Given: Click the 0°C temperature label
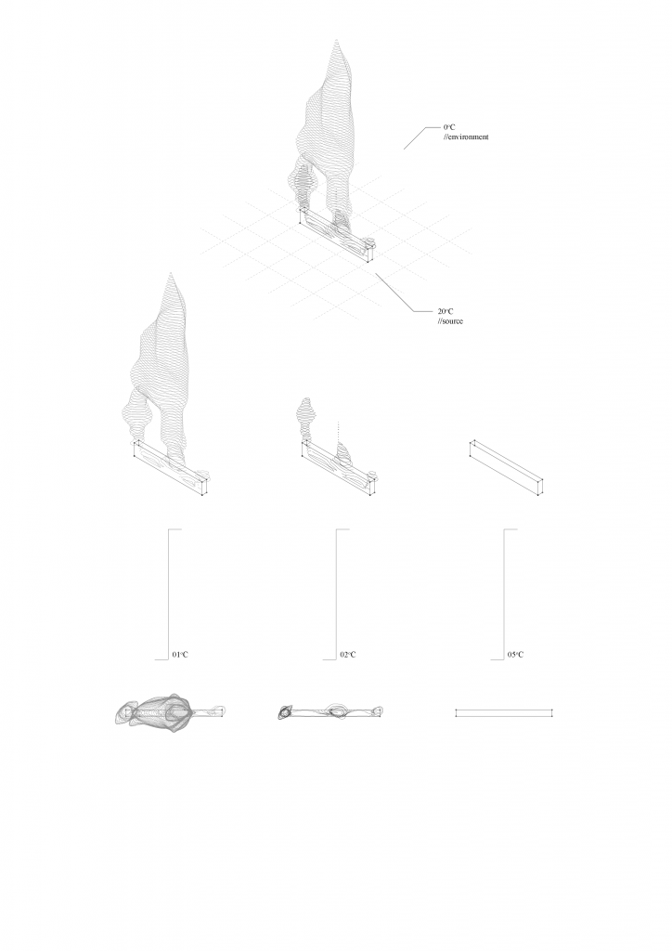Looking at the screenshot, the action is [449, 127].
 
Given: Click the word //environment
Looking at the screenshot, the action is [465, 137].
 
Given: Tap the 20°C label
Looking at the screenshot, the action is [446, 311].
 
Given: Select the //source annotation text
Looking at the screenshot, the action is [450, 320].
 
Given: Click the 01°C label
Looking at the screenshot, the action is [180, 655].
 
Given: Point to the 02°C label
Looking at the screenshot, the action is [348, 655].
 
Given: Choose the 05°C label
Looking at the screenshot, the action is [516, 655].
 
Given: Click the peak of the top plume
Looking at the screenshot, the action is [336, 40].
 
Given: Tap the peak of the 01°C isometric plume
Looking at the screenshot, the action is [171, 274].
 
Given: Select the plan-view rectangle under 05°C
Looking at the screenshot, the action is [504, 712].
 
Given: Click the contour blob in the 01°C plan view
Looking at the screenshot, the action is [154, 711].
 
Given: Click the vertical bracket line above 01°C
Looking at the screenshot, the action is [168, 594].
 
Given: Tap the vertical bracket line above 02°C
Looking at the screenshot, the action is [336, 594].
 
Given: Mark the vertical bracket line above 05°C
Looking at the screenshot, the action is [504, 594].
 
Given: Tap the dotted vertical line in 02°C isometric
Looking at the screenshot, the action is [338, 432].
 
